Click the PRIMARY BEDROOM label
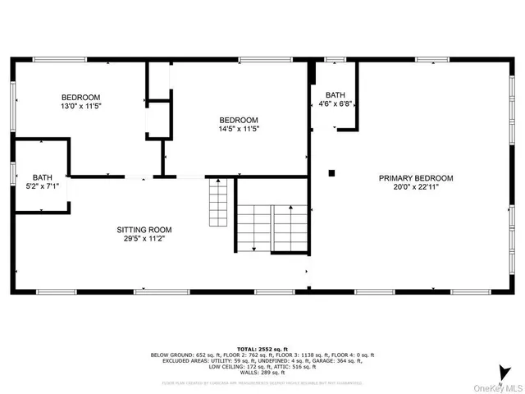(415, 178)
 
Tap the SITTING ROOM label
(144, 230)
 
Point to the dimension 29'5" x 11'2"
(144, 240)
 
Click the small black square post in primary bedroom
(331, 172)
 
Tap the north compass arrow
(502, 369)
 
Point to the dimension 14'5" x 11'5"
(238, 129)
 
